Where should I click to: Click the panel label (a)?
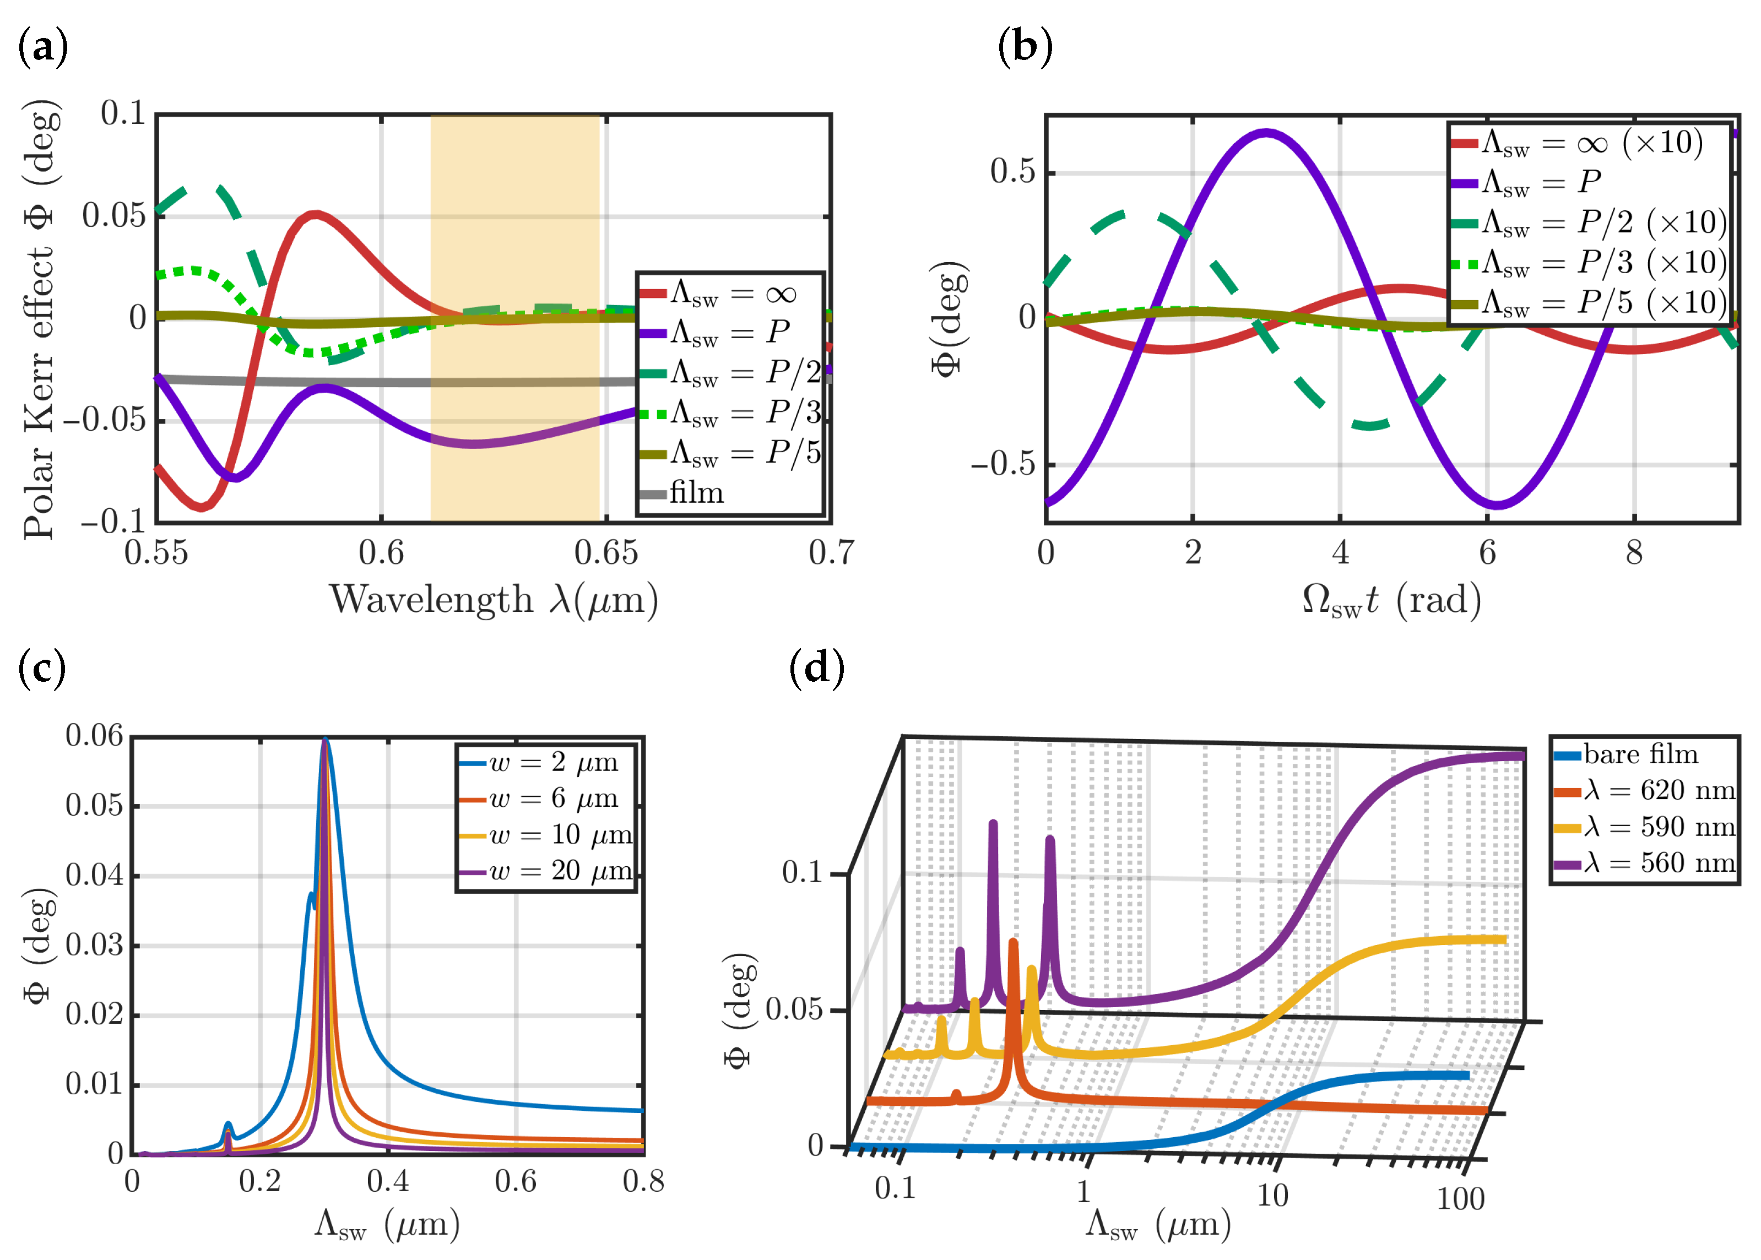click(42, 48)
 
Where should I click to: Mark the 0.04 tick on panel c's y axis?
click(94, 876)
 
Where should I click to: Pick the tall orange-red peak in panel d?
click(1013, 943)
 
